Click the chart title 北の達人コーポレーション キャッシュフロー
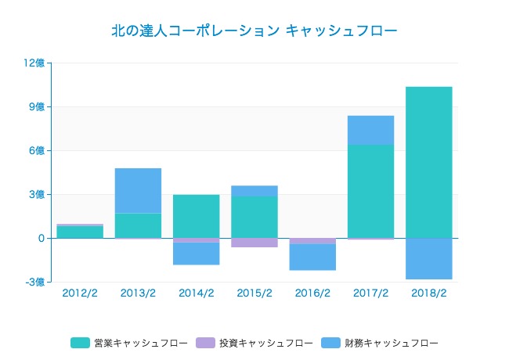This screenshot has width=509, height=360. [x=254, y=31]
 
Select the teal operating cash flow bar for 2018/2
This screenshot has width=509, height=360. [x=428, y=162]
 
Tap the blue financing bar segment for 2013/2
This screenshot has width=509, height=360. [x=138, y=190]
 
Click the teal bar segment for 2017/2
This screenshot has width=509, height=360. [x=370, y=191]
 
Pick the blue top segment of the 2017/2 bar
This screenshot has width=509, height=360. [x=370, y=130]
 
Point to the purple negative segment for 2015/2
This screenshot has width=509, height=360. [x=254, y=243]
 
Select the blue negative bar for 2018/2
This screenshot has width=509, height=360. [x=428, y=258]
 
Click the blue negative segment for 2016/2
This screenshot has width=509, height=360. [x=312, y=257]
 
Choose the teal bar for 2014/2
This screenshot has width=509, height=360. [x=196, y=216]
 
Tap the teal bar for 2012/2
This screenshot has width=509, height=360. [x=80, y=232]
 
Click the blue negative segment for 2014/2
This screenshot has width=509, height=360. [x=196, y=254]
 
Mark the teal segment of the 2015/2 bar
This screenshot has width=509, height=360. [x=254, y=217]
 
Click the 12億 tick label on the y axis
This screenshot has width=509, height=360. [x=35, y=63]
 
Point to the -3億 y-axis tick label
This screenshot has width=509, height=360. [x=34, y=282]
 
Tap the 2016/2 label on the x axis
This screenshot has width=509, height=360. [x=312, y=293]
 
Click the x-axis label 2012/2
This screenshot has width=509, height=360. [x=80, y=293]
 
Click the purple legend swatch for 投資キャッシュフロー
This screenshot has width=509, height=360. [x=205, y=343]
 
